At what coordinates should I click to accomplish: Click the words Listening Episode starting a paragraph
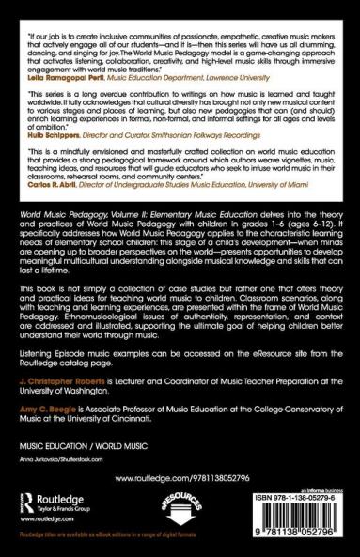pos(55,348)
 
